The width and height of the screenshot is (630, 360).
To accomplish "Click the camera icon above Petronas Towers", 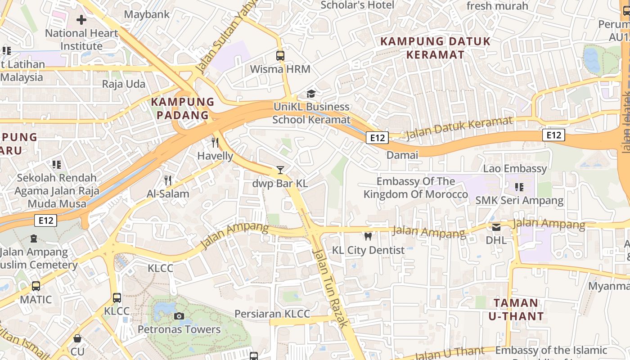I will [179, 316].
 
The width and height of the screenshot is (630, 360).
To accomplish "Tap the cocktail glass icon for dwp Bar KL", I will [280, 170].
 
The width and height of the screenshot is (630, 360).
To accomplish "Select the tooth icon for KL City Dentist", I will [368, 236].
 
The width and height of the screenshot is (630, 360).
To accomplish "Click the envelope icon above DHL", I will [496, 227].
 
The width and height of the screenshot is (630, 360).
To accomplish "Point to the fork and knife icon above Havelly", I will [215, 143].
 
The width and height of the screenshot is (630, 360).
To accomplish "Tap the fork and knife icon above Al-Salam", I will [168, 180].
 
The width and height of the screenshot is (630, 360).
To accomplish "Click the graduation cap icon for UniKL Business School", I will [311, 94].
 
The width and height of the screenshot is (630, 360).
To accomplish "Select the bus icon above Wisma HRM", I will [280, 56].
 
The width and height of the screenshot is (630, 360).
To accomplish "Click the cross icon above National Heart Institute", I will [81, 20].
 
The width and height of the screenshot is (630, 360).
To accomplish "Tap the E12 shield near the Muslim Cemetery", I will [46, 220].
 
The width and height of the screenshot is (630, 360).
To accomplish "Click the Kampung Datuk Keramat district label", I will [435, 48].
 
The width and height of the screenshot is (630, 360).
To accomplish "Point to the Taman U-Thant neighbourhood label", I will [516, 309].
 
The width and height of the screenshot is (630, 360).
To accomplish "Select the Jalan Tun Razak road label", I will [330, 288].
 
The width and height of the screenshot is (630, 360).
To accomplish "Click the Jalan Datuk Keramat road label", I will [459, 127].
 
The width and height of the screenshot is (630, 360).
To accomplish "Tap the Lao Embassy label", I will [515, 168].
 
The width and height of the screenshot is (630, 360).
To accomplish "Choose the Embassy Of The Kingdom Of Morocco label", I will [416, 188].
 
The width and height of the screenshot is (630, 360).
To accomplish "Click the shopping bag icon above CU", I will [77, 338].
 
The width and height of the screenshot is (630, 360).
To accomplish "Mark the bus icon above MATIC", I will [36, 286].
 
